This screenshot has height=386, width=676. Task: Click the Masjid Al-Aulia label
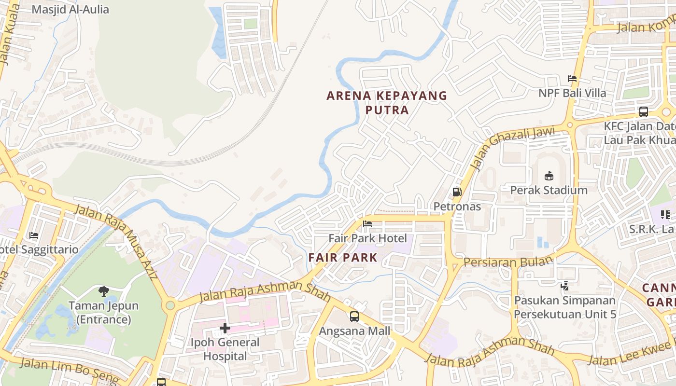(x=70, y=10)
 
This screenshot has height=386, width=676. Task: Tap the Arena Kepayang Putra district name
(x=387, y=103)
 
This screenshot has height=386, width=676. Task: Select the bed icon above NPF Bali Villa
(x=572, y=79)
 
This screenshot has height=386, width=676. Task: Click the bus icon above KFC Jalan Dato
(x=643, y=112)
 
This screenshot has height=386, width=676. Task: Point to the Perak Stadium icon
(x=549, y=176)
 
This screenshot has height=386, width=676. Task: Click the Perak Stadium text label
(x=549, y=190)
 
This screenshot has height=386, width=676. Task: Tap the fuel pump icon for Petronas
(x=457, y=192)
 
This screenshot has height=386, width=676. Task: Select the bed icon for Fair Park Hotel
(x=367, y=224)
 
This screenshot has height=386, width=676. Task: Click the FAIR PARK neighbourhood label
(x=343, y=258)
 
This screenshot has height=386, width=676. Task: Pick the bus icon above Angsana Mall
(x=354, y=317)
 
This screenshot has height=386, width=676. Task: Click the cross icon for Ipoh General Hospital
(x=225, y=329)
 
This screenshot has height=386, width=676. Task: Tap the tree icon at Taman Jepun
(x=103, y=291)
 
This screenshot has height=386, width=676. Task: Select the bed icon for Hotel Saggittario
(x=34, y=235)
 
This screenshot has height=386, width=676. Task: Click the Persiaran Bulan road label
(x=508, y=262)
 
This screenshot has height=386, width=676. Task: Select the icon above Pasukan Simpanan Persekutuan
(x=564, y=286)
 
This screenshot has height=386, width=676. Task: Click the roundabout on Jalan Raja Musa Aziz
(x=170, y=305)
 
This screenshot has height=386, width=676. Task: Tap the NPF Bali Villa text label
(x=572, y=93)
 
